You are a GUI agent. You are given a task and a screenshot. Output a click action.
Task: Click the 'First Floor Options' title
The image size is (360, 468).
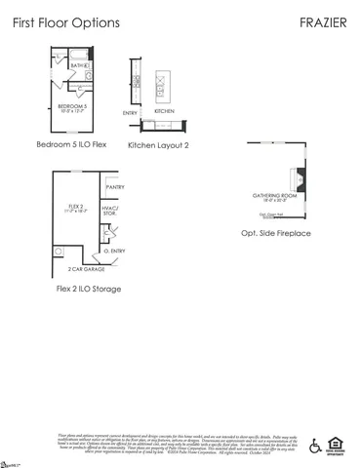[66, 21]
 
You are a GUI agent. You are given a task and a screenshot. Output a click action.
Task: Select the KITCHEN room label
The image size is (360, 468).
[164, 111]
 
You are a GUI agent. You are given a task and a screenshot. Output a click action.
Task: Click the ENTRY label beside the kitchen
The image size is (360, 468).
[130, 114]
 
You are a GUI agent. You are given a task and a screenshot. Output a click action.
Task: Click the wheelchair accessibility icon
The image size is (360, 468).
[314, 446]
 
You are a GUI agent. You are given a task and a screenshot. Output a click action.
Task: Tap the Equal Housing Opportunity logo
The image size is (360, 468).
[338, 446]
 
